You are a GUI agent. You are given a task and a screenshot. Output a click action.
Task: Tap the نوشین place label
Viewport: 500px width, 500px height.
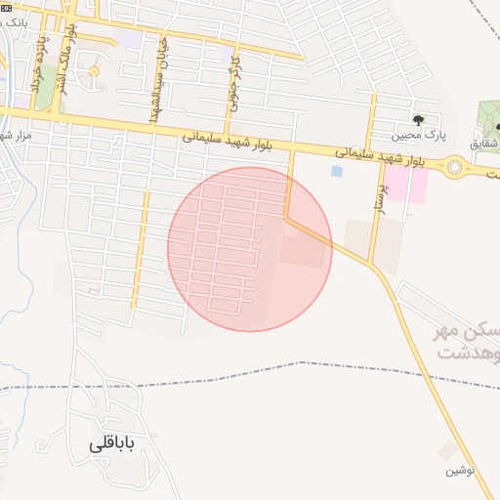[460, 470]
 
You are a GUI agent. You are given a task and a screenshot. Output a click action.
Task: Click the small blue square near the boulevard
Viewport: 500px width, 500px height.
[337, 172]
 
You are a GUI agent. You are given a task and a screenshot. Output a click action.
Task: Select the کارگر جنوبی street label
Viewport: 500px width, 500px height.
[233, 84]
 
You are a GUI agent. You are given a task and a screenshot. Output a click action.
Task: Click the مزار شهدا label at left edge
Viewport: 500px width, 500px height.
[16, 135]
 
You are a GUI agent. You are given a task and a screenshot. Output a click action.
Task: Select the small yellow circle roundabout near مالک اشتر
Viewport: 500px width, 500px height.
[94, 71]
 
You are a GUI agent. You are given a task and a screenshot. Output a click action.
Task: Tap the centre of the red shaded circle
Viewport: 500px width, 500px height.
[250, 249]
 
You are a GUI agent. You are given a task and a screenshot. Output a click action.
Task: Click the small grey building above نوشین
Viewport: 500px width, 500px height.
[448, 450]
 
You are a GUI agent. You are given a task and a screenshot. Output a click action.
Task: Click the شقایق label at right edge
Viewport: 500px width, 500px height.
[485, 144]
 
